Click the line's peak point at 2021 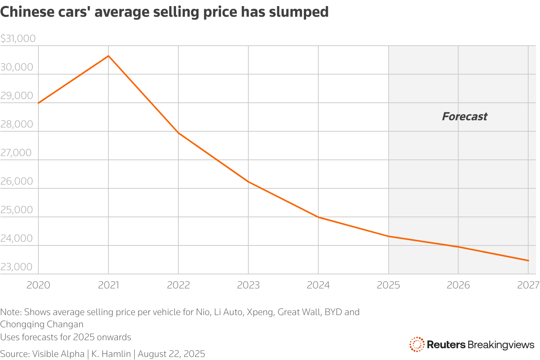tap(108, 56)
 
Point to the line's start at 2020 tap(39, 103)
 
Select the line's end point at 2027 tap(528, 261)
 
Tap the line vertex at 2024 tap(318, 217)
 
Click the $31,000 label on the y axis tap(18, 38)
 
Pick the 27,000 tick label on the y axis tap(16, 153)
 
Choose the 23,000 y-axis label tap(16, 267)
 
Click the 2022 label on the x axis tap(178, 285)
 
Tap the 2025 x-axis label tap(388, 285)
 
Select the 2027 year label tap(528, 285)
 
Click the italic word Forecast tap(464, 116)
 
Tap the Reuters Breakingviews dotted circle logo tap(417, 344)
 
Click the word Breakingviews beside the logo tap(500, 345)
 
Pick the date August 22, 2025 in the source tap(171, 354)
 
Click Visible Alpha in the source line tap(58, 354)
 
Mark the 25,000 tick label tap(16, 210)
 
